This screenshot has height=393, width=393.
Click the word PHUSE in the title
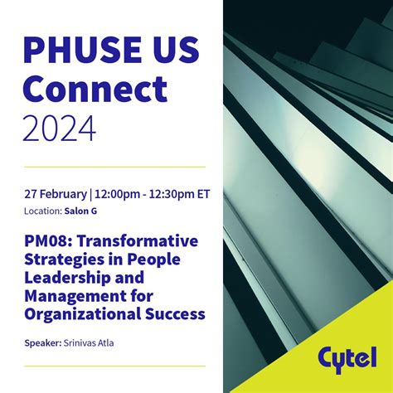point(83,50)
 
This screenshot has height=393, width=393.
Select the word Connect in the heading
point(95,89)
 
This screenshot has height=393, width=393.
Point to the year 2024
point(60,129)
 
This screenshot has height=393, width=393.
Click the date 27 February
point(56,194)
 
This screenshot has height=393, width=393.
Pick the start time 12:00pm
point(117,194)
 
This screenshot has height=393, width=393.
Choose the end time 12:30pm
point(172,194)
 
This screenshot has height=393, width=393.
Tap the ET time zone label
point(203,194)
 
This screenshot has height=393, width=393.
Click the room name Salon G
point(80,211)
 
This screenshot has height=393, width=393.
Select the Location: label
point(43,211)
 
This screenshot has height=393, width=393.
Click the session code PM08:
point(48,241)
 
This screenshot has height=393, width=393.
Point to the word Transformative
point(138,241)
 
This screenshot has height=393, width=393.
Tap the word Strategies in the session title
point(61,260)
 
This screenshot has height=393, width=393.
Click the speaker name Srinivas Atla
point(89,343)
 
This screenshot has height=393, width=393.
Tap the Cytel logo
point(347,360)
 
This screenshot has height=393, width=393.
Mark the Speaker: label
point(43,343)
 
